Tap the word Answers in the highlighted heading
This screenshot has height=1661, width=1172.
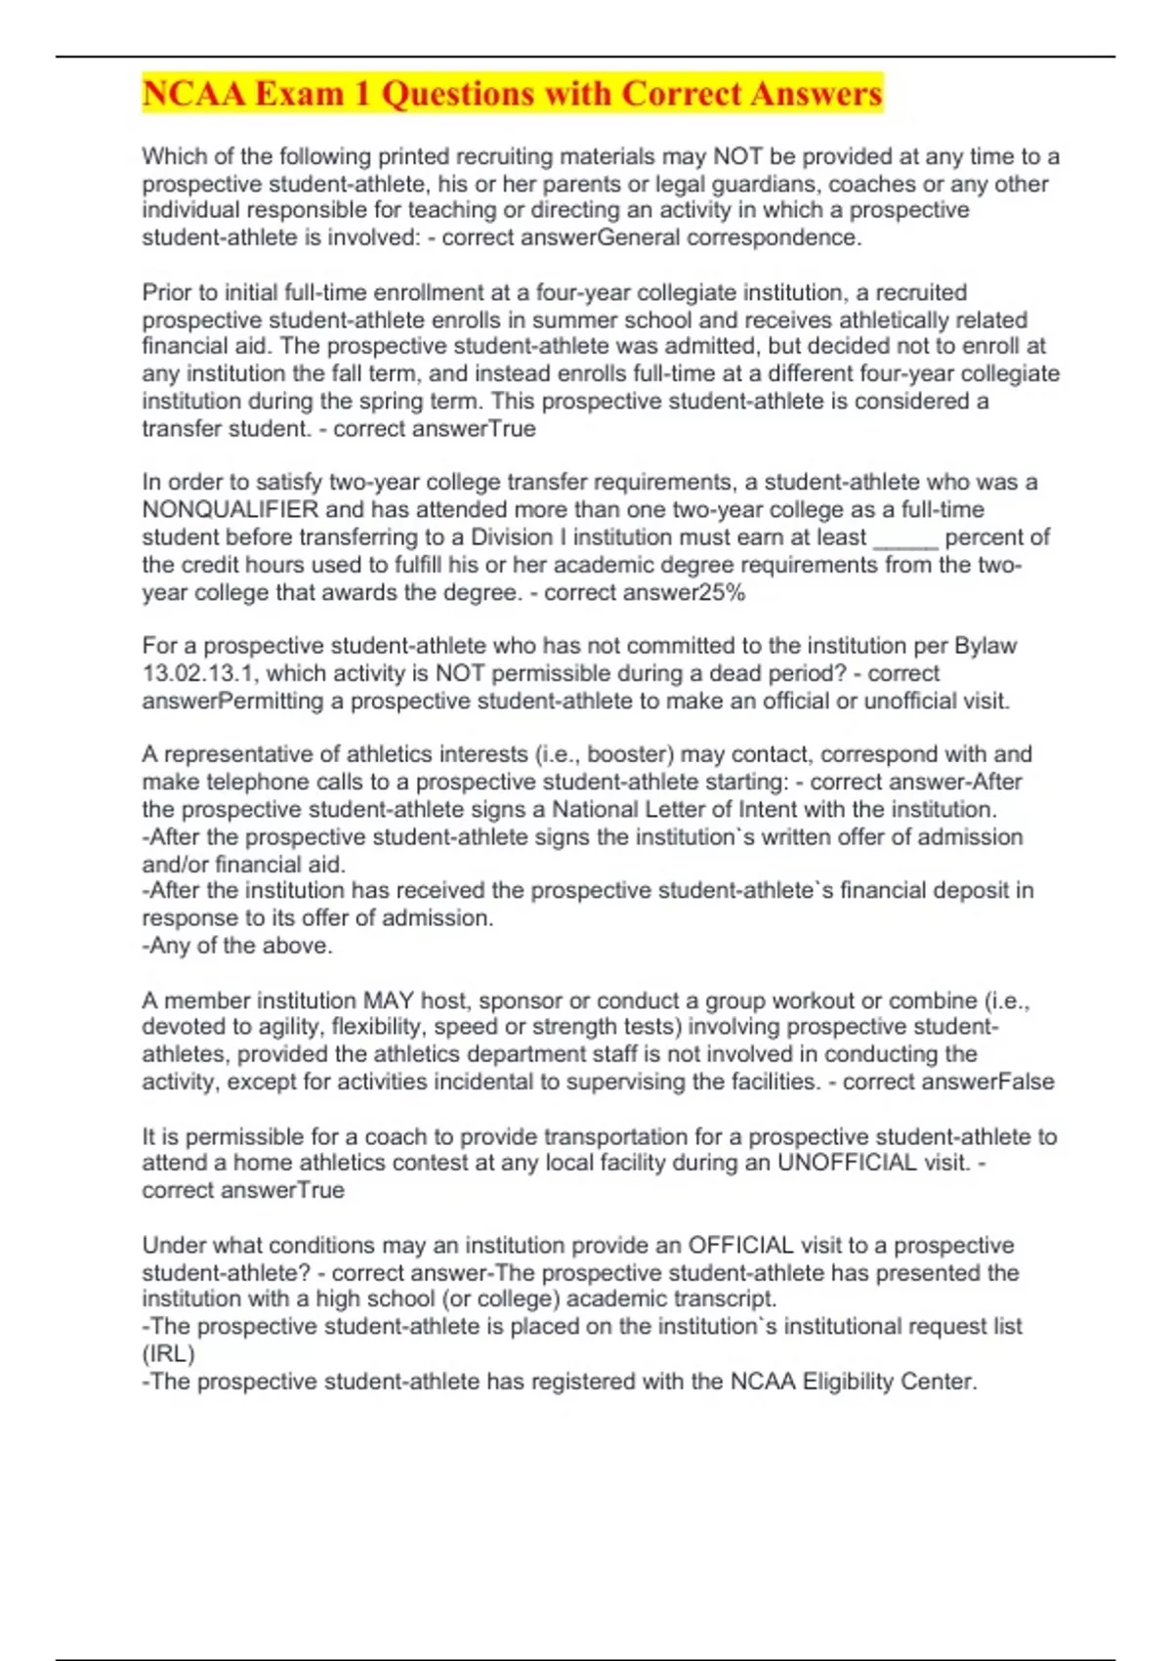pos(817,94)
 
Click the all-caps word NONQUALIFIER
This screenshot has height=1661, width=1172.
pos(230,509)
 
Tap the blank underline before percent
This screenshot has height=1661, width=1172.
pos(905,537)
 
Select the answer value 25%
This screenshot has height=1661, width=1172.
pos(724,592)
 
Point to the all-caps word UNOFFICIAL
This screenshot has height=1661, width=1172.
pos(847,1163)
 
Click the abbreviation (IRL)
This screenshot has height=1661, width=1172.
pos(168,1354)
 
